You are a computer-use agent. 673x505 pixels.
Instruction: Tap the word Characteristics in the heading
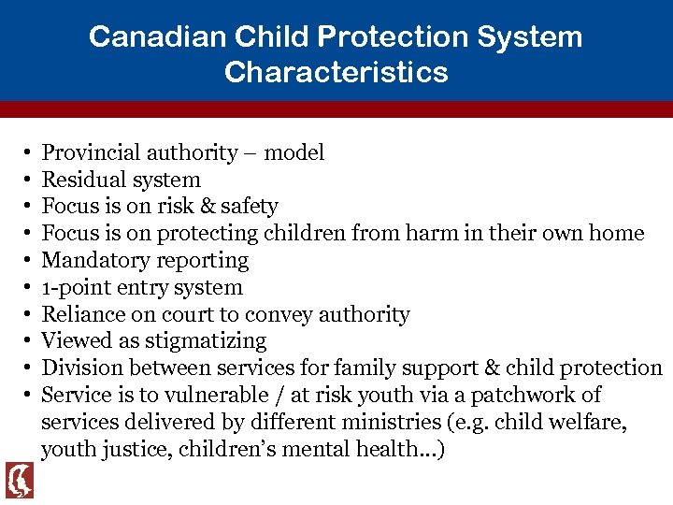(x=336, y=72)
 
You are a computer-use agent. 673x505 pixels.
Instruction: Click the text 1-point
(x=73, y=287)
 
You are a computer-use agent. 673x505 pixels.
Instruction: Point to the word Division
(x=79, y=368)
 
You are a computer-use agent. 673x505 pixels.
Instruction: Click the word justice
(x=129, y=449)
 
